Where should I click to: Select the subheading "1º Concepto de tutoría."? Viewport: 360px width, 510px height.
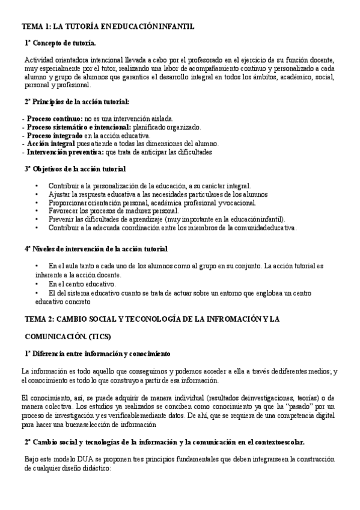coord(60,43)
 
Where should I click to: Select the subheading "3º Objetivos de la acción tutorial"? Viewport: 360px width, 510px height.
coord(75,169)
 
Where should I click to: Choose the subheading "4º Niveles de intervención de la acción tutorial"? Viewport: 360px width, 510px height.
coord(96,248)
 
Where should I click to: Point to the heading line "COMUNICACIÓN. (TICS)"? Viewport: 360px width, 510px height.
coord(68,336)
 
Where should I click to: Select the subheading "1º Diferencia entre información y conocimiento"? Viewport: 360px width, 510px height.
coord(98,353)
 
